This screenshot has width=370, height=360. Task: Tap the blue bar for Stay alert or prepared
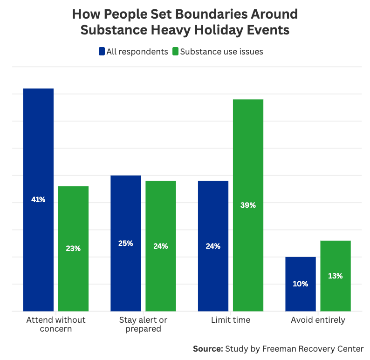point(126,243)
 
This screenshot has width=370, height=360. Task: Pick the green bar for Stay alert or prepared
point(161,246)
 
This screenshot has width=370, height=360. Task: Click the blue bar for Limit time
point(213,246)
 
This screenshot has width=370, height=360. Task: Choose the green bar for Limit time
point(248,205)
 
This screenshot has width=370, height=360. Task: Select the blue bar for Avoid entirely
point(301,284)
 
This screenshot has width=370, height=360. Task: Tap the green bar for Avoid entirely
point(336,276)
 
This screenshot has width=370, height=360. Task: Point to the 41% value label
point(38,199)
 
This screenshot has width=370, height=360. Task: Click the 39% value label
point(248,205)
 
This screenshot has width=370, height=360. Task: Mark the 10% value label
point(301,284)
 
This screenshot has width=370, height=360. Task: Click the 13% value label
point(336,276)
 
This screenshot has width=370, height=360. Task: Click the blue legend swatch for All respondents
point(102,52)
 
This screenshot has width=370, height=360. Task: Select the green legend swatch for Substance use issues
point(175,52)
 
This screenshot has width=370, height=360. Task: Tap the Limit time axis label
point(231,320)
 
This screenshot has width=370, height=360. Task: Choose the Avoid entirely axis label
point(318,320)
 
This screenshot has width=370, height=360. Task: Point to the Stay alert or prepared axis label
point(143,324)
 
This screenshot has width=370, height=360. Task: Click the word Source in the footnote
point(208,348)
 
